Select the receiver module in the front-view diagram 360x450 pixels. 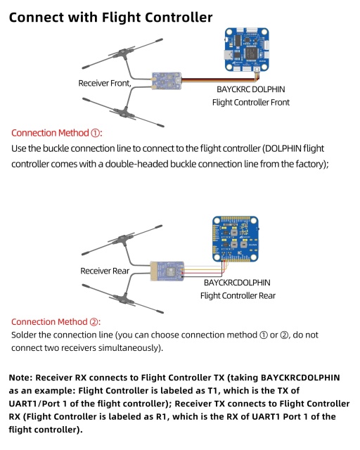(x=167, y=80)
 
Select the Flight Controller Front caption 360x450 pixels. (x=250, y=103)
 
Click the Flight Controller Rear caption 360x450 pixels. (x=237, y=295)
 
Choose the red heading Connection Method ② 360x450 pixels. (x=57, y=321)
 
